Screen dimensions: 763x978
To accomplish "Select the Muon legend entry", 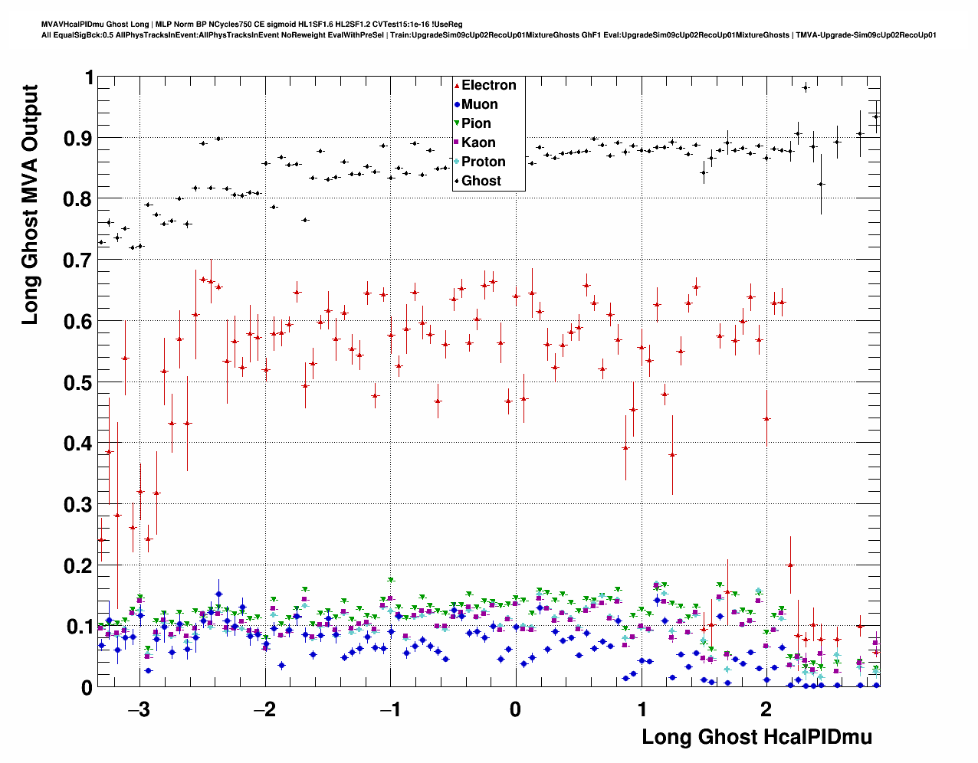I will [479, 105].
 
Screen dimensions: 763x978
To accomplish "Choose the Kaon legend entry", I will [478, 143].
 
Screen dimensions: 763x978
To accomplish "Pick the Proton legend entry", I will [483, 162].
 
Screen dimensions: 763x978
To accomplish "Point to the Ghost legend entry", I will [481, 182].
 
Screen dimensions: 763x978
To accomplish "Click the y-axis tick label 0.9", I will [79, 139].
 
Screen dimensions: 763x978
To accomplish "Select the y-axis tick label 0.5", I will [79, 383].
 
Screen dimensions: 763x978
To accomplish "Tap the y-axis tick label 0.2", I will [79, 566].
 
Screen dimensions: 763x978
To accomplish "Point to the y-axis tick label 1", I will [89, 78].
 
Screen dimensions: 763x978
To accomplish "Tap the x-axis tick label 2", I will [766, 709].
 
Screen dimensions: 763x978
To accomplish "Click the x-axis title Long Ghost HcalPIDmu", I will [756, 738].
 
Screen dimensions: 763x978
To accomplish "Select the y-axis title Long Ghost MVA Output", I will [30, 205].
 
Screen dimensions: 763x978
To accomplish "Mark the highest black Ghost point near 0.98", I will [806, 87].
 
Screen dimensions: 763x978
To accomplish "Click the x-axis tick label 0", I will [515, 709].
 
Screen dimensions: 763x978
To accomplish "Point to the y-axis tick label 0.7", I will [79, 260].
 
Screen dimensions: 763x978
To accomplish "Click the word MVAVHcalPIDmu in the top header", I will [70, 25].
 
